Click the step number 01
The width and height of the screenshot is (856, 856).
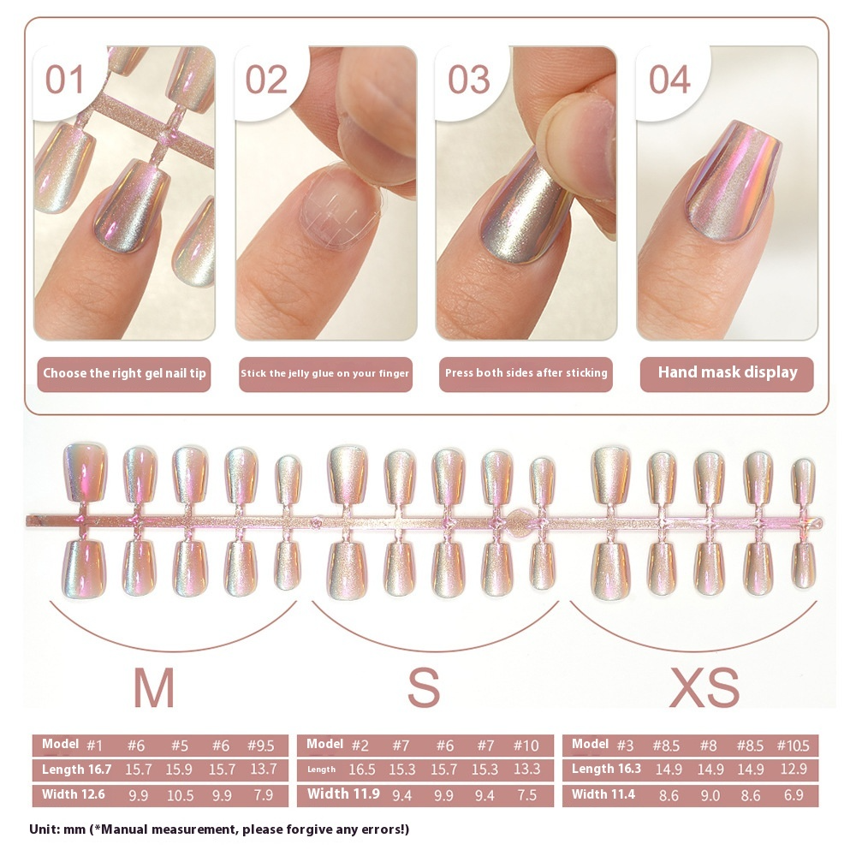tap(65, 80)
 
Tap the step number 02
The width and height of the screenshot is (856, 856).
tap(266, 80)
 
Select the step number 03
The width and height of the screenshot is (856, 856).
tap(468, 80)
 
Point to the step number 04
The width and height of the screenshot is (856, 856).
tap(669, 80)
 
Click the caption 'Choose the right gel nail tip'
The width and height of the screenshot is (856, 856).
tap(125, 373)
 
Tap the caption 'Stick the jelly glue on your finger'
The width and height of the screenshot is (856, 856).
tap(325, 373)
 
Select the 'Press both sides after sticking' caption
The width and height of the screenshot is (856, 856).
tap(526, 373)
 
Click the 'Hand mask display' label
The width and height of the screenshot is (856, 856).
tap(727, 372)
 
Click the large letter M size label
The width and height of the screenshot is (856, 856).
tap(154, 687)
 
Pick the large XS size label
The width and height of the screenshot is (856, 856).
tap(704, 687)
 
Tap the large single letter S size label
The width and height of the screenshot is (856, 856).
tap(423, 687)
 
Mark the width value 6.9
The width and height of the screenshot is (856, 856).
tap(794, 796)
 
